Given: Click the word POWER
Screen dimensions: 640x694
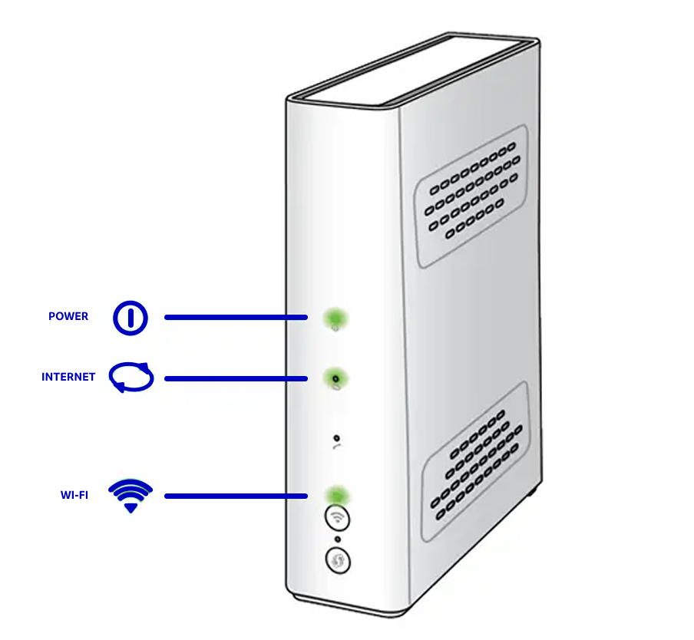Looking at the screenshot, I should point(68,316).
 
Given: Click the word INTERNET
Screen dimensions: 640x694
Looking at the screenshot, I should point(68,377).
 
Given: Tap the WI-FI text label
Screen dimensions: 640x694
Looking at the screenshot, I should point(74,495).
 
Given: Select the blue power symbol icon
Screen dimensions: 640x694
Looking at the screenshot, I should point(131,317).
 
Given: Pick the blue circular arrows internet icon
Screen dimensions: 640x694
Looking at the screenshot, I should point(131,378).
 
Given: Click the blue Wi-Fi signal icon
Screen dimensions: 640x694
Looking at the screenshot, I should point(131,496).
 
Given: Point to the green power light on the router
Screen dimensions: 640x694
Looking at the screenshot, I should point(335,317).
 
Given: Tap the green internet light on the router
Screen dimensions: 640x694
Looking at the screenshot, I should point(335,378).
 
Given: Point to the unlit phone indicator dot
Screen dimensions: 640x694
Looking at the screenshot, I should point(336,437).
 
